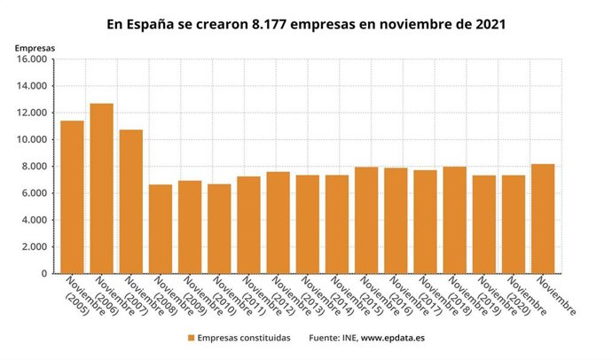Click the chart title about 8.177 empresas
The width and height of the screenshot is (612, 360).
(306, 24)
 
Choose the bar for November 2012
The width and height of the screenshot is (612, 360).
(279, 223)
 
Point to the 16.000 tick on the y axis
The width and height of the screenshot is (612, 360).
(31, 59)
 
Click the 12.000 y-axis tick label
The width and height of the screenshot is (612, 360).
(31, 113)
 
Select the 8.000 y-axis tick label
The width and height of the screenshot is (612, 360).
(35, 167)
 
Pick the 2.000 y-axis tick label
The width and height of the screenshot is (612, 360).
(35, 247)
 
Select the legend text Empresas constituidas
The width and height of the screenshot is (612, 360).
(243, 338)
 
